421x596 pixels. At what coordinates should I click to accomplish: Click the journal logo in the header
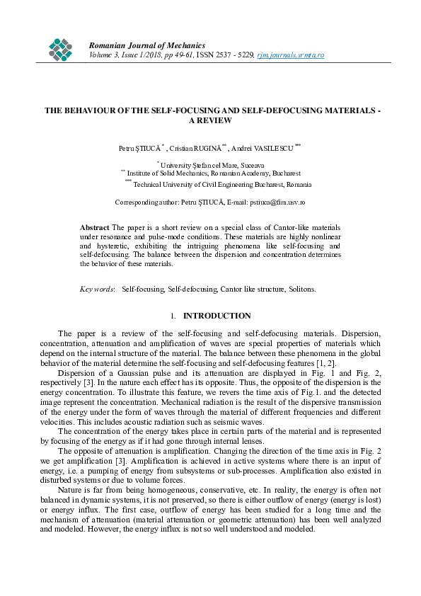click(62, 48)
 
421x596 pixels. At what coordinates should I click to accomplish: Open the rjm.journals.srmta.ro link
click(290, 55)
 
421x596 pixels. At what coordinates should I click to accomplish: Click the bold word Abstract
click(95, 227)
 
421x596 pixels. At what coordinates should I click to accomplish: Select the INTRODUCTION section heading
click(217, 316)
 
